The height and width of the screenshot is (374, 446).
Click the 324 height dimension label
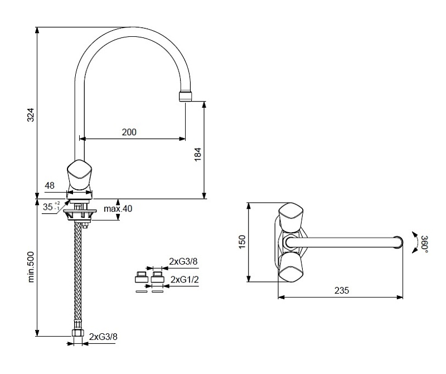coord(31,114)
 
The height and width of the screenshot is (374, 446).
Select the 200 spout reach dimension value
coord(129,132)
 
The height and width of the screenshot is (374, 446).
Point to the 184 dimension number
coord(197,155)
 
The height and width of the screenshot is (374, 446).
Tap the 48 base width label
coord(50,185)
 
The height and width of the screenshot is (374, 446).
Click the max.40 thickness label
coord(118,209)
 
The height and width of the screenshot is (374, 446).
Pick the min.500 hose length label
coord(31,267)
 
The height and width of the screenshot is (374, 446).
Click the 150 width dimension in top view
coord(242,242)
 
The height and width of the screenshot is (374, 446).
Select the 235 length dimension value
coord(341,290)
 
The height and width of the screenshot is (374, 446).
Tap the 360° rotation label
coord(424,244)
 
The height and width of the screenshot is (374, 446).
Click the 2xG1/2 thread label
coord(185,280)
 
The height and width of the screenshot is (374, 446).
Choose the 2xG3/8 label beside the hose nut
coord(103,337)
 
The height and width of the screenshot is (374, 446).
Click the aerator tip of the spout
coord(186,96)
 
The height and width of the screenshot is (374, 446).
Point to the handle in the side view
coord(79,175)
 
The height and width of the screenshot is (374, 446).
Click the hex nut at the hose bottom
coord(77,333)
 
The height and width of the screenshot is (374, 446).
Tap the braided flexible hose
coord(77,274)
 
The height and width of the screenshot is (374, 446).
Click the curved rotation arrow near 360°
coord(414,242)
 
